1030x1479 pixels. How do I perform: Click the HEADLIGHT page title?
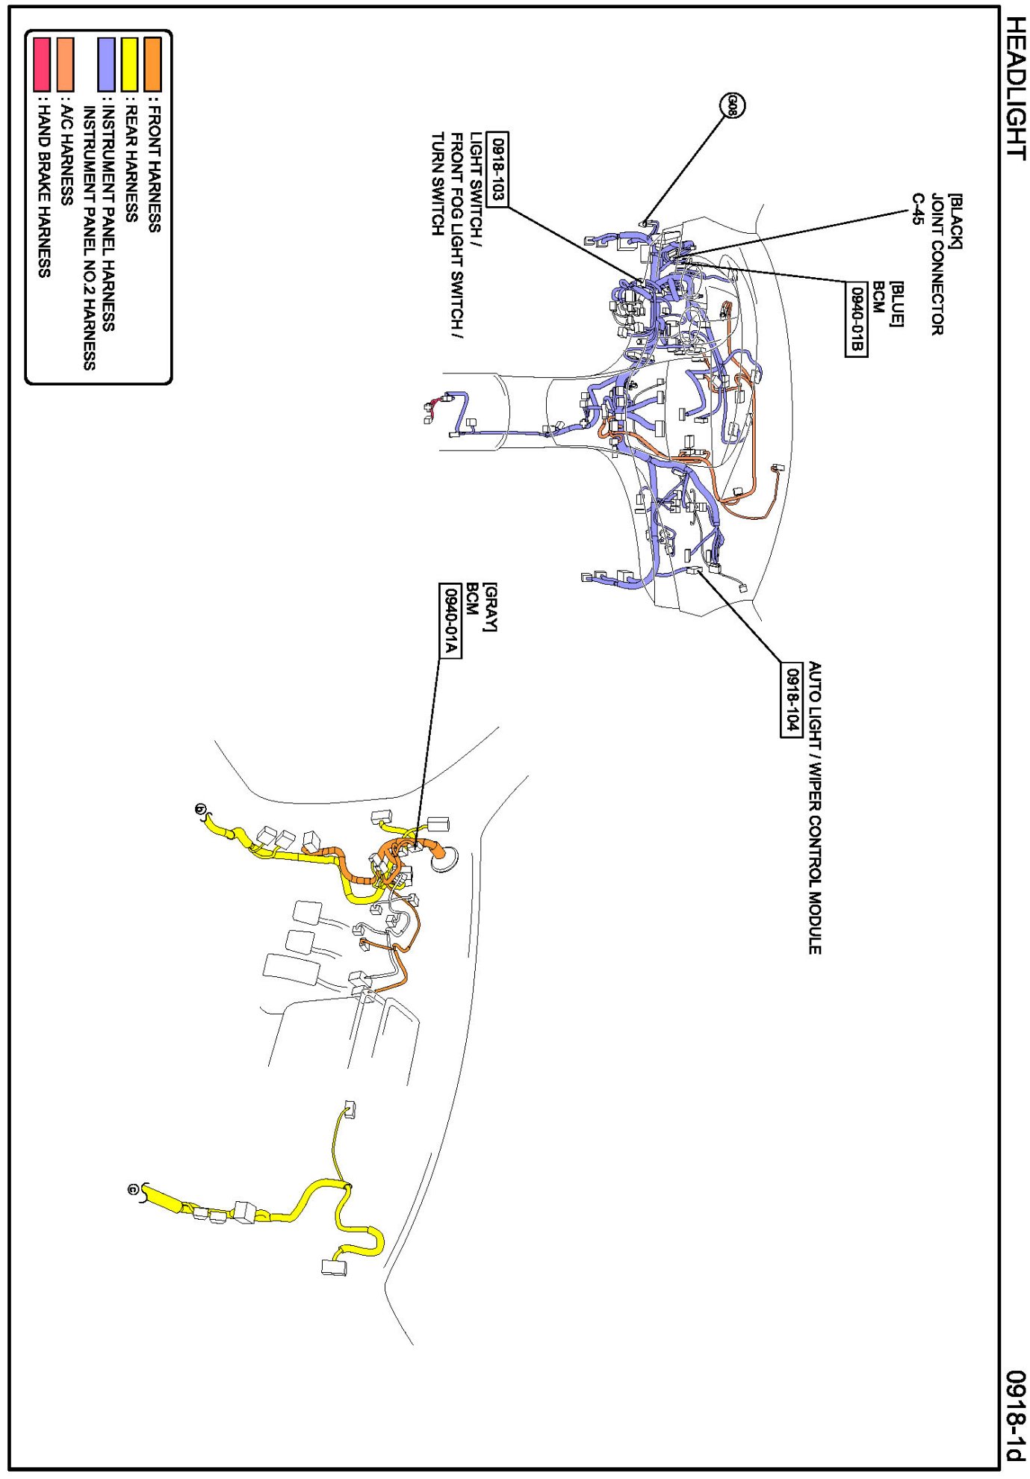(1014, 88)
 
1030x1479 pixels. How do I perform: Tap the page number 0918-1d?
(1014, 1415)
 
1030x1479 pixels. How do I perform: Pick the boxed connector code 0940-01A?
(450, 621)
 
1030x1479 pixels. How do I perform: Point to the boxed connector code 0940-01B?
(856, 319)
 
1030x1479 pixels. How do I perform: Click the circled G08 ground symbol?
(732, 105)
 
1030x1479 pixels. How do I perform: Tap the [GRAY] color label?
(489, 607)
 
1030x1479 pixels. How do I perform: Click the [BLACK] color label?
(955, 221)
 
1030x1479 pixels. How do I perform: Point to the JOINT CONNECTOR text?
(937, 264)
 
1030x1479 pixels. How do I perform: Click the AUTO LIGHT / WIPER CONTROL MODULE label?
(815, 807)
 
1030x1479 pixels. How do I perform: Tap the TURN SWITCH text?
(438, 184)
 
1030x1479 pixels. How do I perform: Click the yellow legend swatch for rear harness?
(130, 64)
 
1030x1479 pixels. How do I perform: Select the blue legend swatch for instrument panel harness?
(107, 64)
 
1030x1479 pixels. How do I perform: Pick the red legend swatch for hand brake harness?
(42, 64)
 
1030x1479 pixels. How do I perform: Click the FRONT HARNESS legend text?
(153, 169)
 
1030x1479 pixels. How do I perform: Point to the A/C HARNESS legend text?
(66, 154)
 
